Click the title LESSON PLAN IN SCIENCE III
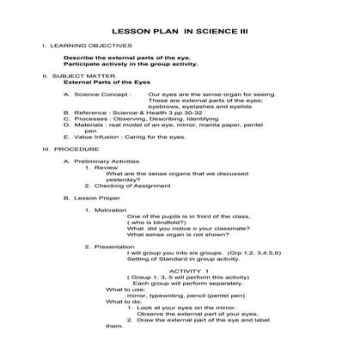click(x=180, y=26)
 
